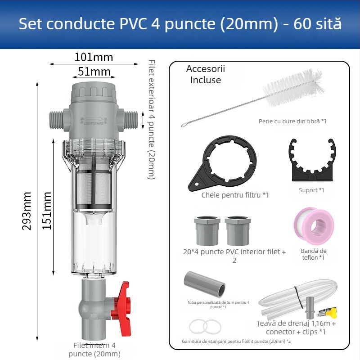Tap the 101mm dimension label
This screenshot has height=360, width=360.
coord(94,58)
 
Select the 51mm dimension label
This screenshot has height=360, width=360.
coord(94,72)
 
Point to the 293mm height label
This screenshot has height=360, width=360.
coord(27,211)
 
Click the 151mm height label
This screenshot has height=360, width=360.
coord(47,211)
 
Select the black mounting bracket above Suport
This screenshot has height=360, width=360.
coord(311,160)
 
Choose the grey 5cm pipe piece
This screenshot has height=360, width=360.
coord(205,283)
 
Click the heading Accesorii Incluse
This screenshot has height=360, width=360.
coord(206,74)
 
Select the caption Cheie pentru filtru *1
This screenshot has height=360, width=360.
coord(235,195)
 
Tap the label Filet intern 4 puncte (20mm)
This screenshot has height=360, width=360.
coord(94,350)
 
